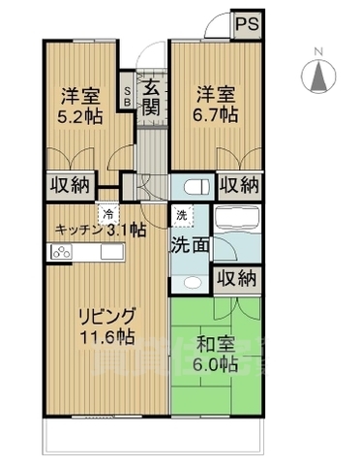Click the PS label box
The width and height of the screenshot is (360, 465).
(x=247, y=24)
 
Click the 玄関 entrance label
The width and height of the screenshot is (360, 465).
(x=152, y=97)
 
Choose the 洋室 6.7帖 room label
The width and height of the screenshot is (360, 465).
(x=218, y=105)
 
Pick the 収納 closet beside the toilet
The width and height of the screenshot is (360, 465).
(x=237, y=184)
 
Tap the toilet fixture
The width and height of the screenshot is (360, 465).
(x=190, y=185)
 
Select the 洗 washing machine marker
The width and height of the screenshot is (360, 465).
(x=181, y=214)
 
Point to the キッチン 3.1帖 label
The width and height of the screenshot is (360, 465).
(x=100, y=231)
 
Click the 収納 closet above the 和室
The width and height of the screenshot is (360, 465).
(x=237, y=280)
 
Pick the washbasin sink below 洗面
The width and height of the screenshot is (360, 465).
(x=190, y=282)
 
